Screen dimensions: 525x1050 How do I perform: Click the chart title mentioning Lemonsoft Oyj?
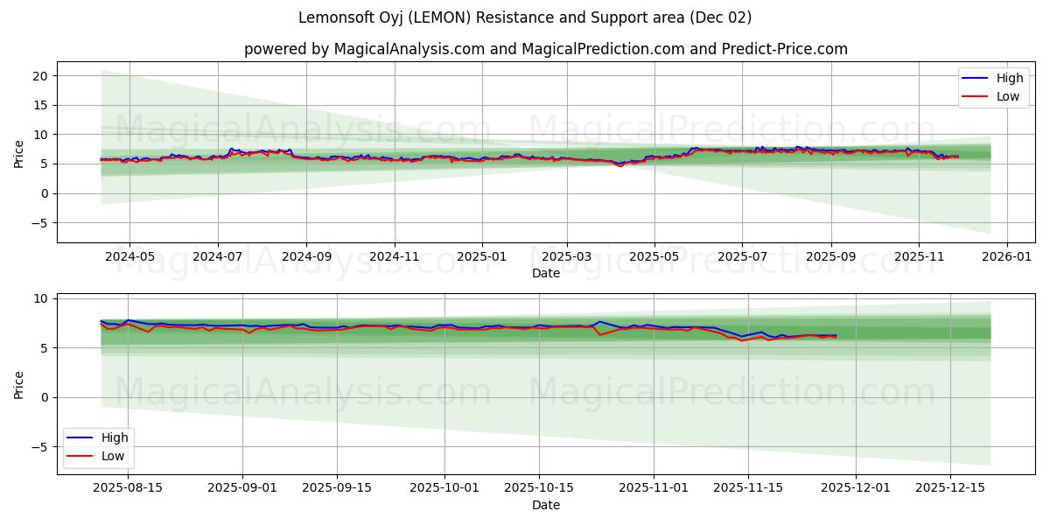tap(524, 17)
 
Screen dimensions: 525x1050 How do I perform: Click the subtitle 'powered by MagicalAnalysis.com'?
tap(545, 49)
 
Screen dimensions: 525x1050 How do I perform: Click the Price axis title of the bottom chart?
tap(19, 383)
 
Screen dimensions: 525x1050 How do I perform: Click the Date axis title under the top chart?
tap(545, 274)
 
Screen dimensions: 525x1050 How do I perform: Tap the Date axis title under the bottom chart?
tap(545, 505)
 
